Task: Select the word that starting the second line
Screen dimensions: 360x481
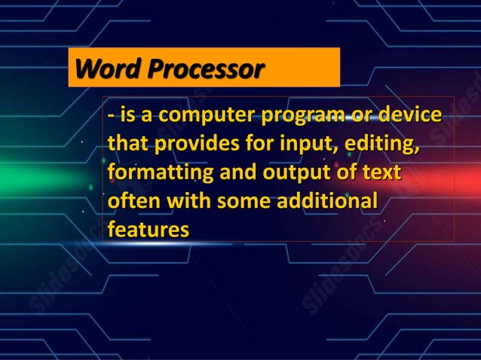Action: click(x=126, y=146)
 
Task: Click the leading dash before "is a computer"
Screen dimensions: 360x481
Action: click(x=112, y=118)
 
